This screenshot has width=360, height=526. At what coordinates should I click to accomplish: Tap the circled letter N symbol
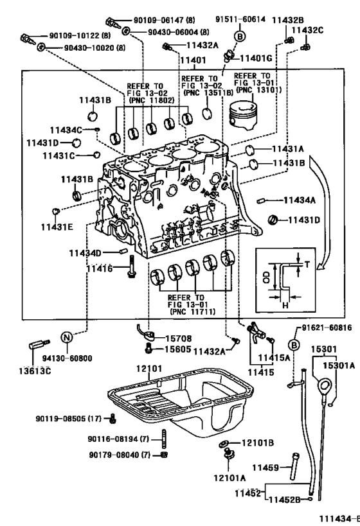click(66, 337)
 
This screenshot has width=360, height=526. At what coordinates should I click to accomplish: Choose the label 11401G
click(258, 59)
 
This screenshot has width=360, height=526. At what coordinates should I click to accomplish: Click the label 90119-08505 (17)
click(68, 419)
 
